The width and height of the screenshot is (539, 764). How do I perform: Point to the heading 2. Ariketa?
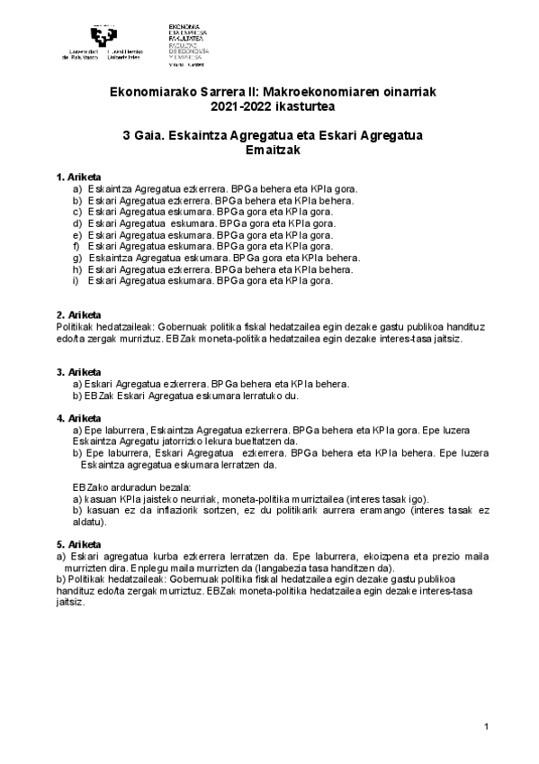tap(78, 314)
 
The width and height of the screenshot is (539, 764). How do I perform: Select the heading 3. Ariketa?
tap(78, 371)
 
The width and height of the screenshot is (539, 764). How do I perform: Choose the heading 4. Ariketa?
tap(78, 418)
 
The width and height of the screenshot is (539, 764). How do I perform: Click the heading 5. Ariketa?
tap(78, 545)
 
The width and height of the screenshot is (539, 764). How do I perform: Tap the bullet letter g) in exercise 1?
tap(77, 257)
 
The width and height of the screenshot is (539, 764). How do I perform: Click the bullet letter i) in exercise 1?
tap(76, 280)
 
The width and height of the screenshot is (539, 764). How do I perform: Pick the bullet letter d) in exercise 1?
tap(77, 223)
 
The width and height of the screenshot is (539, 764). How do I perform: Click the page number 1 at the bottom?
tap(485, 727)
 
